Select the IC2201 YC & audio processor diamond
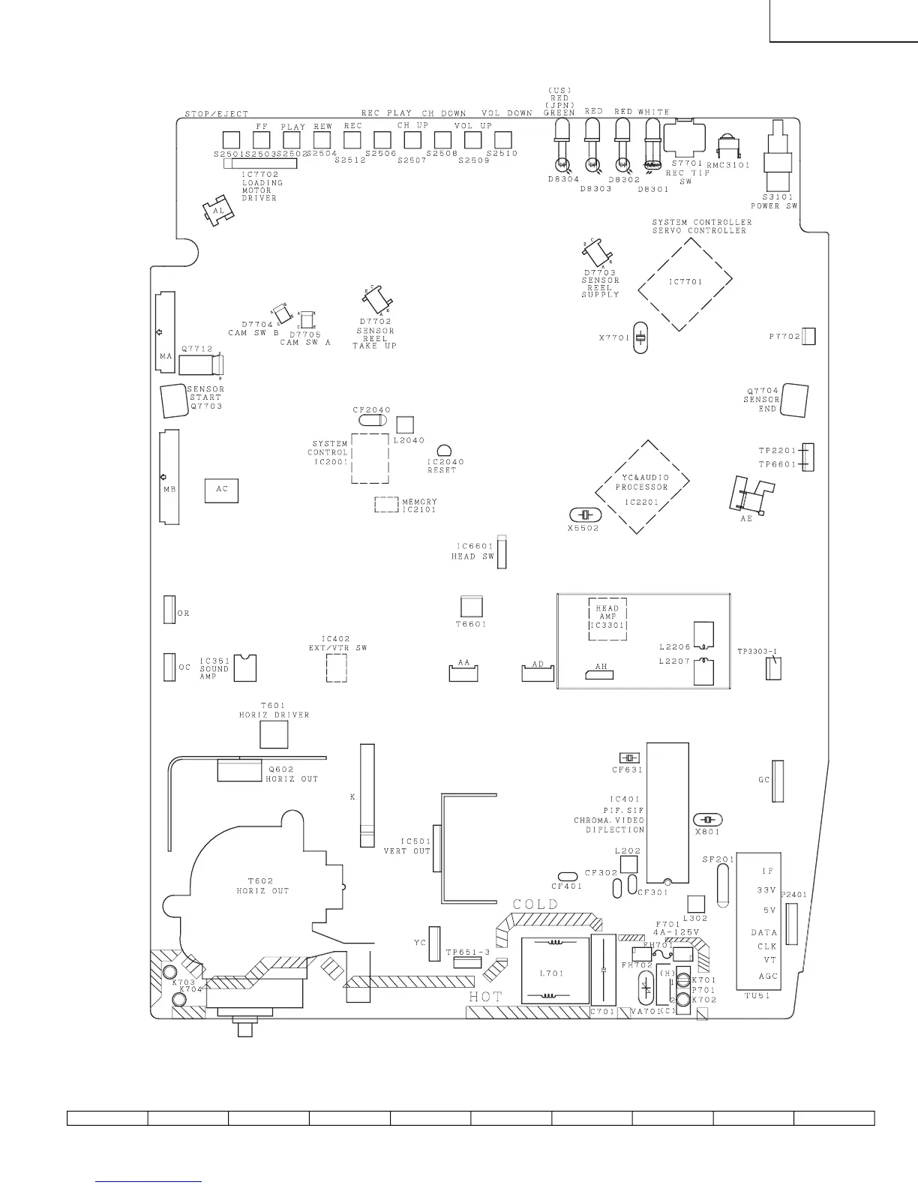(x=642, y=485)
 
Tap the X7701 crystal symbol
(x=640, y=337)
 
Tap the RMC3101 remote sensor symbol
(x=726, y=146)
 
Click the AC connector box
(x=221, y=489)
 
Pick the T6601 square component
(x=471, y=607)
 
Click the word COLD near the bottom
(x=535, y=904)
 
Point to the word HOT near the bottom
(x=485, y=996)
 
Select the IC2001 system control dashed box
(x=370, y=457)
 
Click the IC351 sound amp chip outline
(x=244, y=667)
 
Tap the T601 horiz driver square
(x=274, y=734)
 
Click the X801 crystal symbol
(x=707, y=820)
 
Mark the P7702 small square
(x=808, y=337)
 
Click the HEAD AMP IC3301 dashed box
(x=607, y=619)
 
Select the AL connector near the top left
(x=217, y=211)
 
